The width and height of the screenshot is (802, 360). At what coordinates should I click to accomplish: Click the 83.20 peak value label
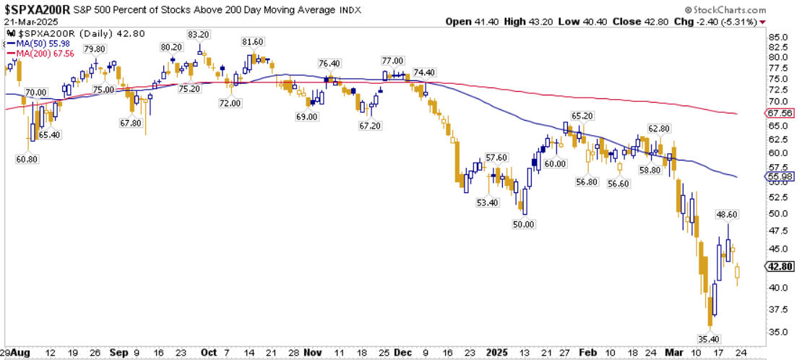click(x=198, y=35)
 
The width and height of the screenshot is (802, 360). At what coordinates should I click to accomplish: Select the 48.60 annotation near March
click(x=725, y=215)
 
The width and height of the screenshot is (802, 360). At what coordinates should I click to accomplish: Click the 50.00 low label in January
click(x=523, y=224)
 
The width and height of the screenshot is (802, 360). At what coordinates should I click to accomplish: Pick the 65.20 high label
click(x=582, y=116)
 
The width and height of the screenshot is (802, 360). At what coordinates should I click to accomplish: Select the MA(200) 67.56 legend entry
click(x=40, y=53)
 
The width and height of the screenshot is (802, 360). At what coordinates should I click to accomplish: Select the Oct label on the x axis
click(x=208, y=353)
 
